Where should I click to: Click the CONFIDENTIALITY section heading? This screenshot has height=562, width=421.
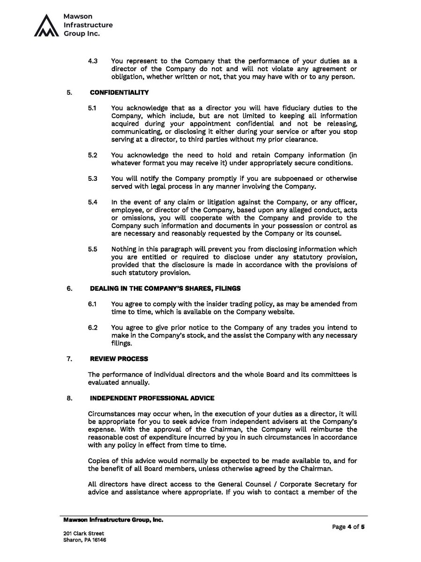click(x=119, y=92)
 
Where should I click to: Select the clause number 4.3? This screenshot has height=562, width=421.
click(x=93, y=61)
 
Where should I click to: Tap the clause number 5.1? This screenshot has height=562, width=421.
click(x=92, y=108)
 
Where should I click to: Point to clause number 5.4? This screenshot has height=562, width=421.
click(x=93, y=202)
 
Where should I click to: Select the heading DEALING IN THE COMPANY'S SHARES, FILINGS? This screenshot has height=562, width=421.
click(x=165, y=288)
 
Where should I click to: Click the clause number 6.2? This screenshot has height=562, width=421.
click(x=93, y=327)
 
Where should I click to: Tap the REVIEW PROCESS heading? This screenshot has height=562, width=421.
click(x=119, y=359)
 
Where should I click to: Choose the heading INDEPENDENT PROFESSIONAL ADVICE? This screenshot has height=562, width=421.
click(x=152, y=398)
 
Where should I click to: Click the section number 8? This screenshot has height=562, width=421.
click(x=69, y=398)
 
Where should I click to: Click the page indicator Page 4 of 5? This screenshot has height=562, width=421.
click(x=348, y=527)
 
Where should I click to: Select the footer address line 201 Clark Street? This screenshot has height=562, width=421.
click(x=84, y=533)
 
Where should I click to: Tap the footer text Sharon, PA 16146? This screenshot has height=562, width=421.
click(x=85, y=540)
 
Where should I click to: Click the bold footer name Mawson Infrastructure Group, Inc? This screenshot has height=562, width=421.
click(x=113, y=520)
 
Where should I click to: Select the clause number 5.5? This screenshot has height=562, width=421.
click(x=93, y=249)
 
